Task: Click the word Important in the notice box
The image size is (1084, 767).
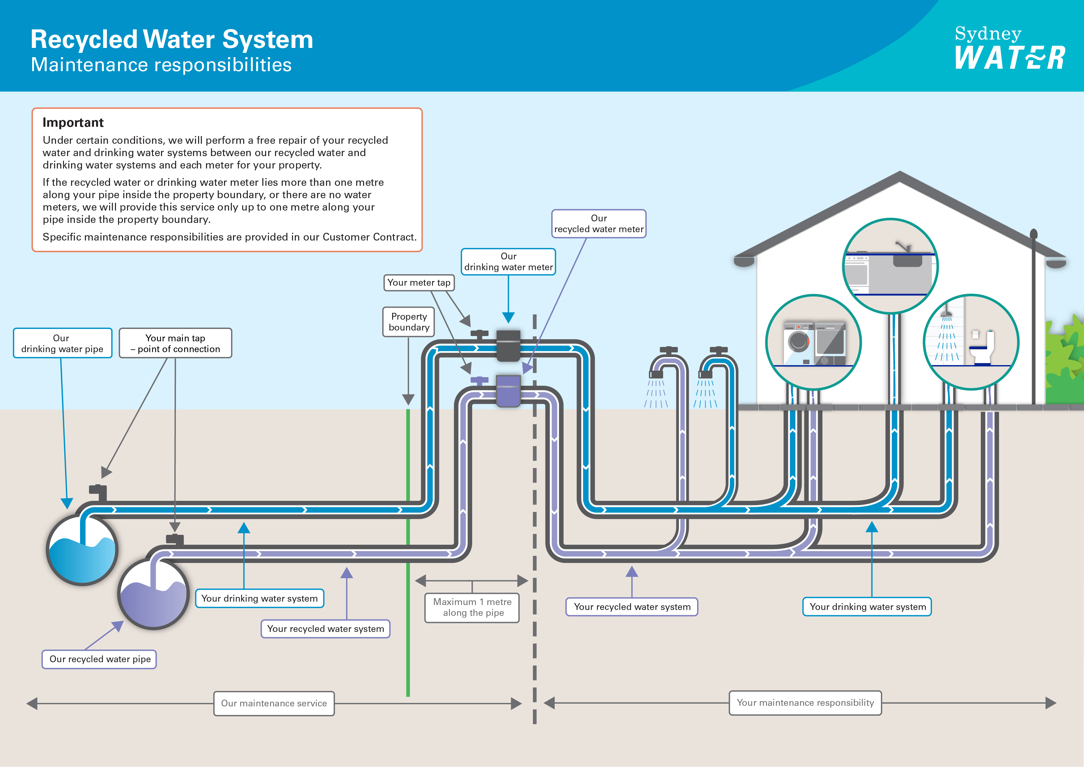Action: (73, 123)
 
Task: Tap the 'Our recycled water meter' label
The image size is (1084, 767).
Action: (599, 224)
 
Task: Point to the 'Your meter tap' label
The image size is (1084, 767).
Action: (419, 283)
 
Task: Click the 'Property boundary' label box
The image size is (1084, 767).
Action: (409, 322)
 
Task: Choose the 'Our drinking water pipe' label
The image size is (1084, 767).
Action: (62, 343)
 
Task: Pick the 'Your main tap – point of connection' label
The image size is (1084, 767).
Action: (175, 343)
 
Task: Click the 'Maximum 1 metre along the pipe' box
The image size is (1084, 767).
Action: (472, 608)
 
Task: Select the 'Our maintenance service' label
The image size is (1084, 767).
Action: (274, 703)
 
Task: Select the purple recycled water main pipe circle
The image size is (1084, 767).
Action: (154, 594)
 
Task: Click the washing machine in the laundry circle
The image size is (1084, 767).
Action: (799, 343)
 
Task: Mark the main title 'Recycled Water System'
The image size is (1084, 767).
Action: (172, 40)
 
